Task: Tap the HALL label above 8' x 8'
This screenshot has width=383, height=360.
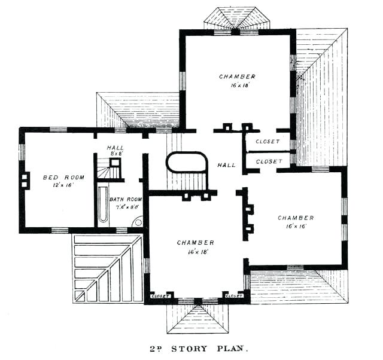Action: pyautogui.click(x=115, y=147)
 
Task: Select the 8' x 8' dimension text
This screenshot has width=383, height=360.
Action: pyautogui.click(x=115, y=154)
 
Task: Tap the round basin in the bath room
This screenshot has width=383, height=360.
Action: pyautogui.click(x=138, y=221)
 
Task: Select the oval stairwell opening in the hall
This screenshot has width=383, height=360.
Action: pyautogui.click(x=186, y=162)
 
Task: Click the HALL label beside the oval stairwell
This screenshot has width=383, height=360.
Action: pyautogui.click(x=226, y=165)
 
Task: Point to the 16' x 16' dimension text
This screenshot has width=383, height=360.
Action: pyautogui.click(x=296, y=227)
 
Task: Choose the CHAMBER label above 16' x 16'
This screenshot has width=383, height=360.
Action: pyautogui.click(x=296, y=218)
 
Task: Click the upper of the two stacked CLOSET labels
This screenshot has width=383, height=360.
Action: pyautogui.click(x=268, y=142)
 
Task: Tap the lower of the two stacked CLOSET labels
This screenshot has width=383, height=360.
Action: pyautogui.click(x=268, y=161)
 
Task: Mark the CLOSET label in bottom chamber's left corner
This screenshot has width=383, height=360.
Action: pyautogui.click(x=161, y=295)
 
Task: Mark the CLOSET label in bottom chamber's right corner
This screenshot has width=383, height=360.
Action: pyautogui.click(x=233, y=295)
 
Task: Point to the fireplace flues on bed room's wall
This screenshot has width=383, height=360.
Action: pyautogui.click(x=25, y=180)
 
